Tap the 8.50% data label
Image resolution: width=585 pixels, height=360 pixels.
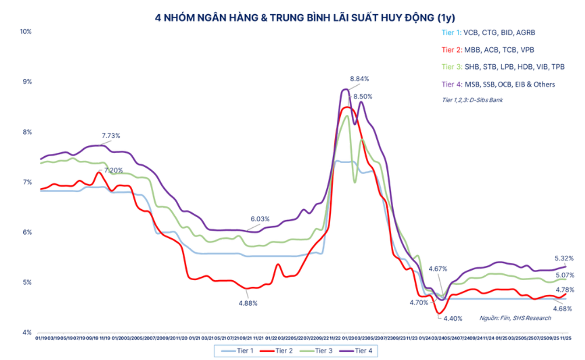pyautogui.click(x=363, y=97)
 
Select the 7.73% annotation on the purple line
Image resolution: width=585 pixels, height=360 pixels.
pyautogui.click(x=111, y=136)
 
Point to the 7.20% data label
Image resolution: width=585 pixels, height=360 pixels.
pyautogui.click(x=113, y=170)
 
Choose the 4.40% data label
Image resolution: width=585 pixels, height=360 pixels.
pyautogui.click(x=452, y=318)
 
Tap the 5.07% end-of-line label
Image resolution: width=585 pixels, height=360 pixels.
pyautogui.click(x=564, y=275)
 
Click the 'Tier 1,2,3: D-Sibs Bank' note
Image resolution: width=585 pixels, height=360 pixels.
pyautogui.click(x=472, y=100)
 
